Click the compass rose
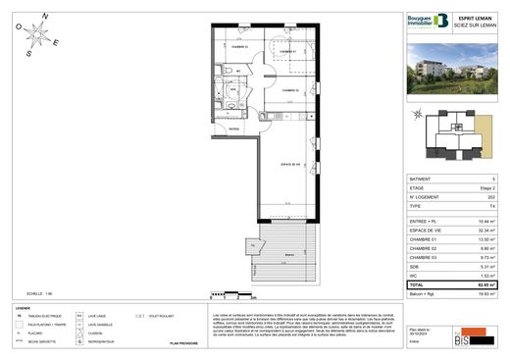40,35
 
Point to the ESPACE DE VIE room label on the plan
289,163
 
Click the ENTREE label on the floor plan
235,129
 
